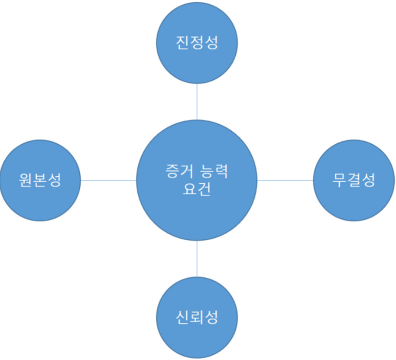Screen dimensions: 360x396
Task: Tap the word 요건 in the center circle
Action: (197, 189)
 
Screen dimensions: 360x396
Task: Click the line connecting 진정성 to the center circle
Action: (197, 101)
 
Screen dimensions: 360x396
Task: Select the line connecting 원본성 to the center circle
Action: (108, 180)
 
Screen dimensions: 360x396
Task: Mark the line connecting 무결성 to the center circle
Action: (285, 180)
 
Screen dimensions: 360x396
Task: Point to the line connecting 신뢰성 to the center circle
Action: (197, 259)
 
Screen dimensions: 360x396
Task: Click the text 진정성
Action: (197, 43)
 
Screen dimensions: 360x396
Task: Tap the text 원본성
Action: (40, 180)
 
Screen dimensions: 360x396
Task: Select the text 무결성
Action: (354, 180)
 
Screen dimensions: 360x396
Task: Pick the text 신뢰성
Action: (197, 318)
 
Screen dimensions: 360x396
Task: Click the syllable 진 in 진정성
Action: (182, 43)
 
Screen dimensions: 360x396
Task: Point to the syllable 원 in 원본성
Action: (26, 180)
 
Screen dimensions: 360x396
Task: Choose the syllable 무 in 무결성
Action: (339, 180)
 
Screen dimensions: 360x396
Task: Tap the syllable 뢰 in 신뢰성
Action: (197, 318)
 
